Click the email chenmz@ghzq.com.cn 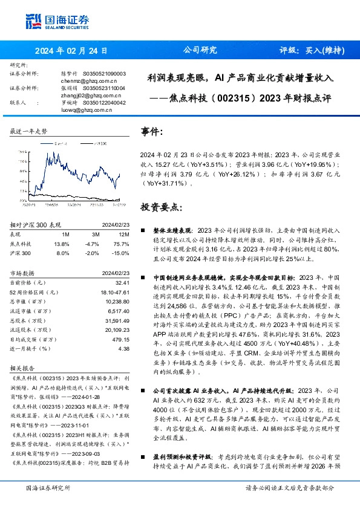pyautogui.click(x=87, y=79)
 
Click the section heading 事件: pyautogui.click(x=152, y=131)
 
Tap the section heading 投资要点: pyautogui.click(x=160, y=207)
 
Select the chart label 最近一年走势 pyautogui.click(x=28, y=131)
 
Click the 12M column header pyautogui.click(x=124, y=235)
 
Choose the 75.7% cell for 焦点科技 pyautogui.click(x=123, y=243)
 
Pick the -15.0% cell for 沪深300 pyautogui.click(x=122, y=253)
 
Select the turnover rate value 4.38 pyautogui.click(x=124, y=348)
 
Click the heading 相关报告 pyautogui.click(x=22, y=368)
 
